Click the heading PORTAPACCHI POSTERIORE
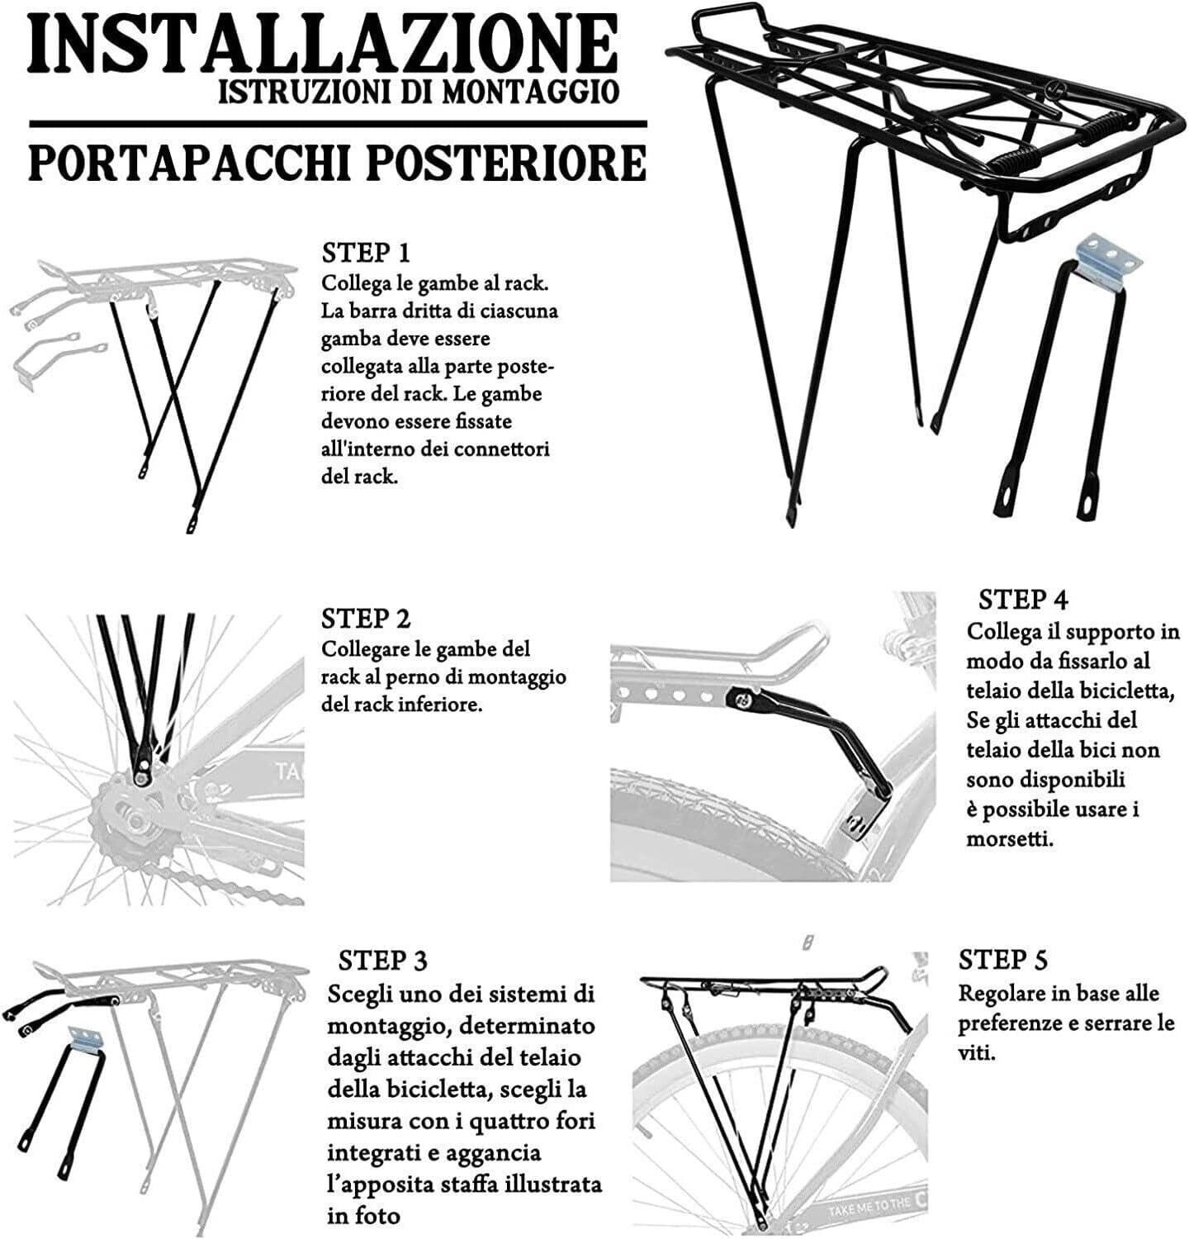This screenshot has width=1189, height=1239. (x=337, y=164)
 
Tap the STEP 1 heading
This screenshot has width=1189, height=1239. (x=365, y=253)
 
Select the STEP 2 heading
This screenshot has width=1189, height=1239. (x=365, y=619)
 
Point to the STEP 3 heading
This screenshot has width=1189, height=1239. (x=383, y=961)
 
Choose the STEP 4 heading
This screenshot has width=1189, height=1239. (x=1024, y=599)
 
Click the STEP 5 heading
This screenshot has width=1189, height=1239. (x=1002, y=960)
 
